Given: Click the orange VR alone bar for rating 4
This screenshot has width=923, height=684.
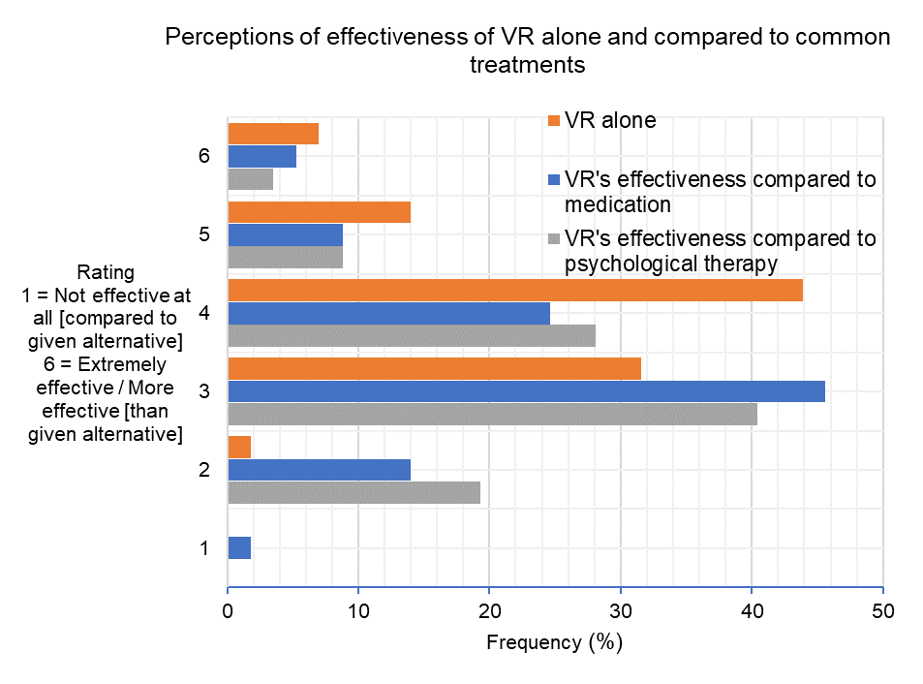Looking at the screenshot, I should coord(514,290).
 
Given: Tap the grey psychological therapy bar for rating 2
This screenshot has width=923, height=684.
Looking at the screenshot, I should coord(354,493).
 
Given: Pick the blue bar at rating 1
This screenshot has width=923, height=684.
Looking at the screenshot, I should coord(239,547).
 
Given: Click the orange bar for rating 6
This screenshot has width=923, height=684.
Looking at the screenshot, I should coord(273,134).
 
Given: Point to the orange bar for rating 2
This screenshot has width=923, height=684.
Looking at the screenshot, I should coord(239,447).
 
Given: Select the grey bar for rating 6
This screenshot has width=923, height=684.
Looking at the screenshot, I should coord(250,179).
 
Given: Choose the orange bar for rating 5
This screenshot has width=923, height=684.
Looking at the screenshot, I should coord(319,212).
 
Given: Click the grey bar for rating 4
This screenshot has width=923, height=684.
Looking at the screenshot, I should coord(412,335).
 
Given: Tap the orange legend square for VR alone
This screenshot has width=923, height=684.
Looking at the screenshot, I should coord(553,121).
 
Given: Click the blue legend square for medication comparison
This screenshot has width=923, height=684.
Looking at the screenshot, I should coord(553,180).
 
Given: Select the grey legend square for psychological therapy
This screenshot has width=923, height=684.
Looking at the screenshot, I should coord(553,238).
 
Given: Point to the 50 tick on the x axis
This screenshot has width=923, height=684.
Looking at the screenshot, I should coord(882,611).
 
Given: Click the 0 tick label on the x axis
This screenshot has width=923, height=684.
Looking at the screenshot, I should coord(228,611).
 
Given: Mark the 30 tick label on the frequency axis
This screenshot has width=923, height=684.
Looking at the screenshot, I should coord(621,611).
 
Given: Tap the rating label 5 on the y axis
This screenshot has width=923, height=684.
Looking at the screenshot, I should coord(204,234).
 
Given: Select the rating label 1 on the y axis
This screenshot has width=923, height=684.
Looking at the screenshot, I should coord(204,548).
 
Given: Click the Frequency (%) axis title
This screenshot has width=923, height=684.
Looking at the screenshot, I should coord(554,642).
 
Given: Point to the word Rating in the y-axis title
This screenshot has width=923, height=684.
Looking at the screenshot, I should coord(107,272).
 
